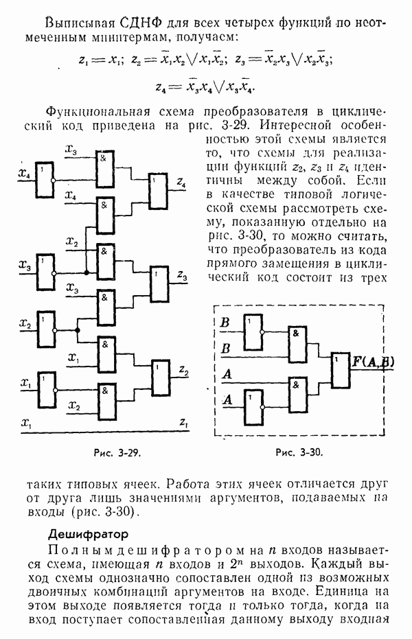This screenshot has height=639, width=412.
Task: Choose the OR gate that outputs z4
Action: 159,191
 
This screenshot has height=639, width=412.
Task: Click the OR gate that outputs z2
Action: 161,376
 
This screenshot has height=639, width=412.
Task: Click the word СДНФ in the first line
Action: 145,14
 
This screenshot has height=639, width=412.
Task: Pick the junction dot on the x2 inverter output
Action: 78,330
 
